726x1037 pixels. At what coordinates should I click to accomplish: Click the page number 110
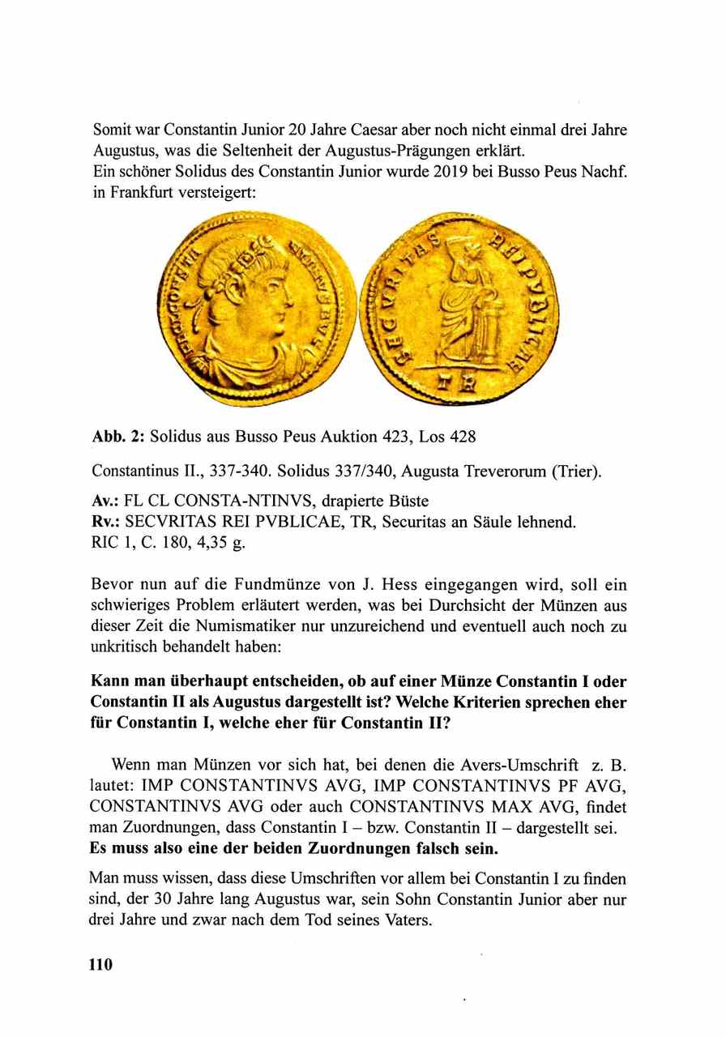coord(100,964)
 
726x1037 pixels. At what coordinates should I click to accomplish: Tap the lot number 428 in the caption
coord(463,437)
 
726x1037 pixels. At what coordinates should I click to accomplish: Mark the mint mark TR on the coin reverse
coord(457,387)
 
